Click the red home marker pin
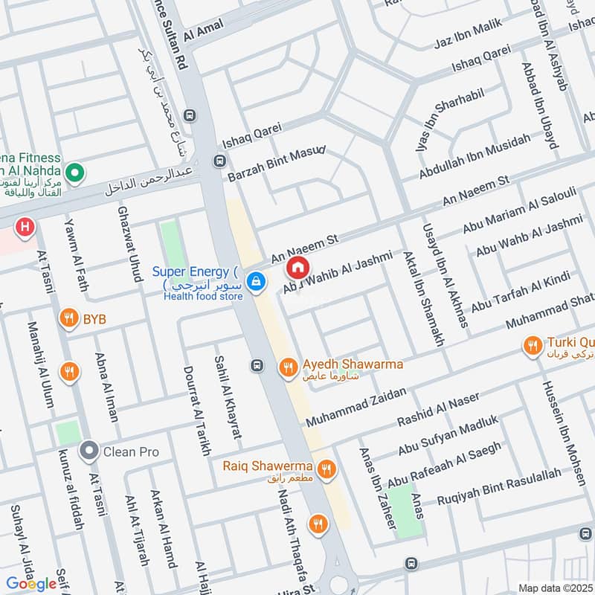[297, 266]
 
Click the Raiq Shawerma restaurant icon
[325, 469]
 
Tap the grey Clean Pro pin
[89, 451]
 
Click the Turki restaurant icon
[532, 345]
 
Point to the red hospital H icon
[25, 227]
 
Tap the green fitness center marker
[74, 174]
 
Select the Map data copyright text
[554, 588]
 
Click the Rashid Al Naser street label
[429, 415]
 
